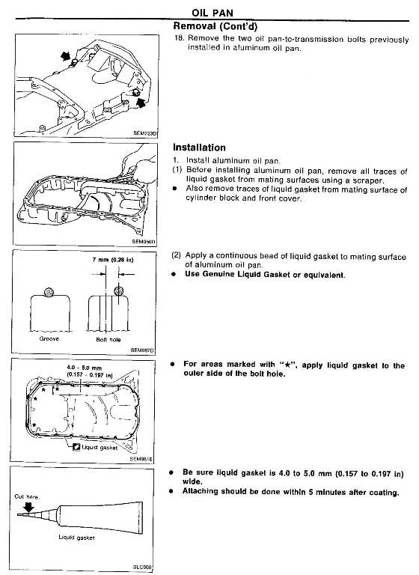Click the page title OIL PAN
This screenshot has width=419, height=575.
tap(212, 13)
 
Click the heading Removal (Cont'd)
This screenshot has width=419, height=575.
tap(215, 26)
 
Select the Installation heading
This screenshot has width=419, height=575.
tap(199, 147)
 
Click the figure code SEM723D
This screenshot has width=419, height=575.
tap(145, 133)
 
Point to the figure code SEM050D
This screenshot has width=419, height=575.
tap(144, 242)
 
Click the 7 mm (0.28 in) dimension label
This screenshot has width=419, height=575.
tap(112, 260)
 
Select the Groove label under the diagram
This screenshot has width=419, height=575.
tap(49, 339)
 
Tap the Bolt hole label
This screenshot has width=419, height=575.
tap(108, 340)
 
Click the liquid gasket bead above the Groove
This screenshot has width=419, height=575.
tap(49, 292)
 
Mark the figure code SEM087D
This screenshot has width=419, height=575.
tap(142, 350)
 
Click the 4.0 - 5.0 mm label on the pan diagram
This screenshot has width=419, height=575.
tap(85, 368)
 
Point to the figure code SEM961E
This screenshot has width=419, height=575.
tap(141, 459)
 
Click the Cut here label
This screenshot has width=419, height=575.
tap(27, 496)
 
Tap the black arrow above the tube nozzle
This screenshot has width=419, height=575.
tap(28, 507)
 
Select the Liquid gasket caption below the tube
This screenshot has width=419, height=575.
tap(76, 538)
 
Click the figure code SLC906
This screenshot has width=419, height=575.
tap(142, 568)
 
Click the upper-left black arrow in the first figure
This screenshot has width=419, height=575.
tap(66, 56)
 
